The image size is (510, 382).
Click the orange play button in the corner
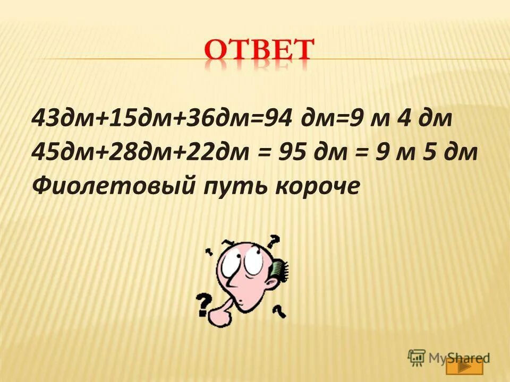click(464, 366)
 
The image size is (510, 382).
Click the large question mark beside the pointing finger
click(203, 305)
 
